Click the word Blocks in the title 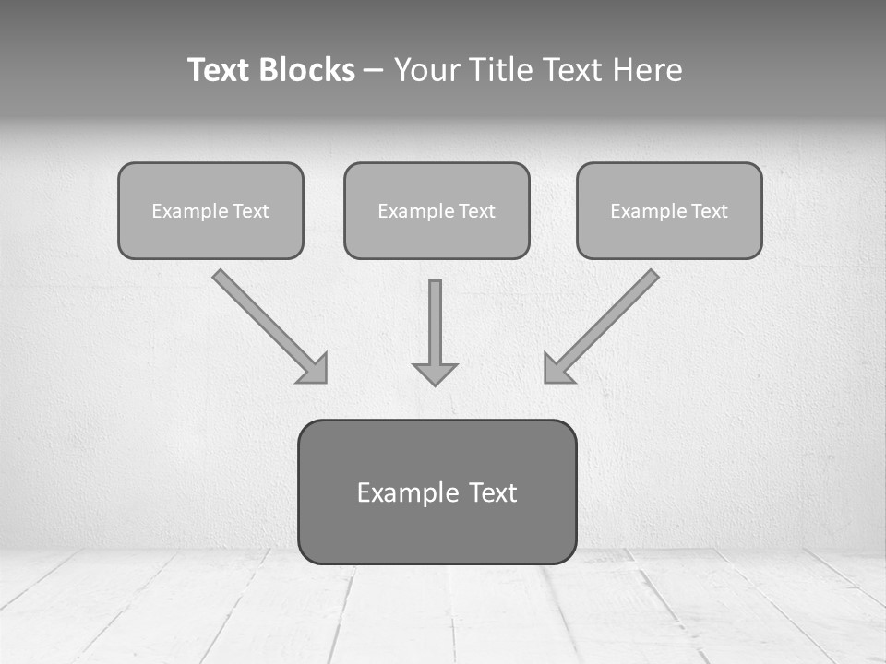click(309, 70)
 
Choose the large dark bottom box click(437, 530)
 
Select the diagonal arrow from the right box click(609, 319)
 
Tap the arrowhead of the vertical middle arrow click(435, 373)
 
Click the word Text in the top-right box click(709, 211)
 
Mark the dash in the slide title click(374, 71)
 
